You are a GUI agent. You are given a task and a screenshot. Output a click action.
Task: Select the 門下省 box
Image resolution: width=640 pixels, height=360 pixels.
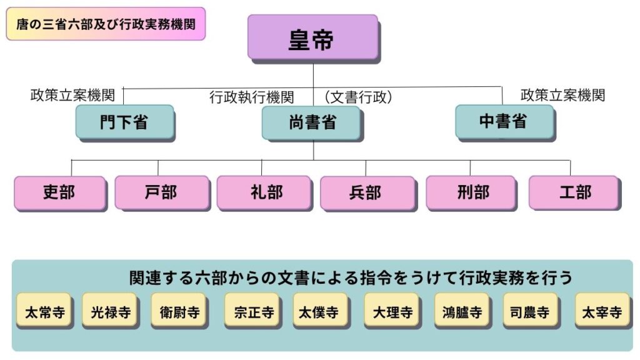pyautogui.click(x=124, y=122)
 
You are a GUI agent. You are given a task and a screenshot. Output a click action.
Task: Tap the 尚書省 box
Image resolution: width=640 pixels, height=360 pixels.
pyautogui.click(x=311, y=122)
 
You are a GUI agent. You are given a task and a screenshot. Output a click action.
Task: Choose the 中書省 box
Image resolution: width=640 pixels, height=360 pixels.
pyautogui.click(x=504, y=122)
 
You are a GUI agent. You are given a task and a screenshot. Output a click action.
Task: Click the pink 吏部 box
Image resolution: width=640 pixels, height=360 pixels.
pyautogui.click(x=59, y=192)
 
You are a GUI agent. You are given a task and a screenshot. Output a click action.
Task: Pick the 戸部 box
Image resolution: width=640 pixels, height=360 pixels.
pyautogui.click(x=161, y=192)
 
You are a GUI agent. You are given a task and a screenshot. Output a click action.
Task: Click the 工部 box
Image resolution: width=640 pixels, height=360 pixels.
pyautogui.click(x=573, y=192)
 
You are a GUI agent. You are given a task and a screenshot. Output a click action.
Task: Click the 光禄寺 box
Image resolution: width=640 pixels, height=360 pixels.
pyautogui.click(x=109, y=311)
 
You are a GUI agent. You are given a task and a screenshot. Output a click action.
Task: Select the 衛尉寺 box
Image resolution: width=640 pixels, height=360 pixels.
pyautogui.click(x=178, y=311)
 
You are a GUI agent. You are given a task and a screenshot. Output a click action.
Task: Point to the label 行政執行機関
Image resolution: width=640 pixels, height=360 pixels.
pyautogui.click(x=251, y=97)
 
